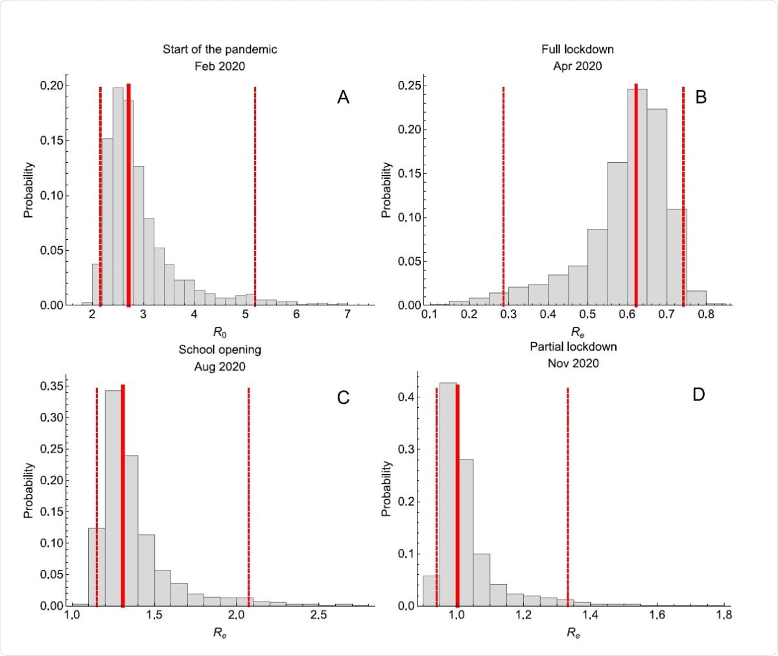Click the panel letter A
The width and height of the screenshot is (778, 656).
(343, 97)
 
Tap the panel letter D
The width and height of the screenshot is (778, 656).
(698, 394)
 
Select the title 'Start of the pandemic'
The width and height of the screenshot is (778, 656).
(220, 49)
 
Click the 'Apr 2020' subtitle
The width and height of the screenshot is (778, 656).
(577, 66)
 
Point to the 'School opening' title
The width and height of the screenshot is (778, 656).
(220, 349)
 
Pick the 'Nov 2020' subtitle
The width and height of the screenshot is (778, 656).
(573, 363)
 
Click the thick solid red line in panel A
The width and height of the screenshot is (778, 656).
(128, 194)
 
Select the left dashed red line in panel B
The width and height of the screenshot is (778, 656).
(503, 194)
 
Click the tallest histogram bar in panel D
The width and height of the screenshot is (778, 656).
(448, 493)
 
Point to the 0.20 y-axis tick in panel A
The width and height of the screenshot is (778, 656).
(52, 86)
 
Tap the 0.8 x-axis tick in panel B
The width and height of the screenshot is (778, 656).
(706, 314)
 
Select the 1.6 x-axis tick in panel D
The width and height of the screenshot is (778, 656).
(657, 615)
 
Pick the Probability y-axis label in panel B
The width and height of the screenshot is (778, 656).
(386, 190)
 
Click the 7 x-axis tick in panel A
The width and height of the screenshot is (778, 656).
(348, 314)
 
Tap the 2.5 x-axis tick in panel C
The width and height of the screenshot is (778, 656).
(318, 615)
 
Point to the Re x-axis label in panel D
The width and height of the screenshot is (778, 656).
(573, 633)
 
